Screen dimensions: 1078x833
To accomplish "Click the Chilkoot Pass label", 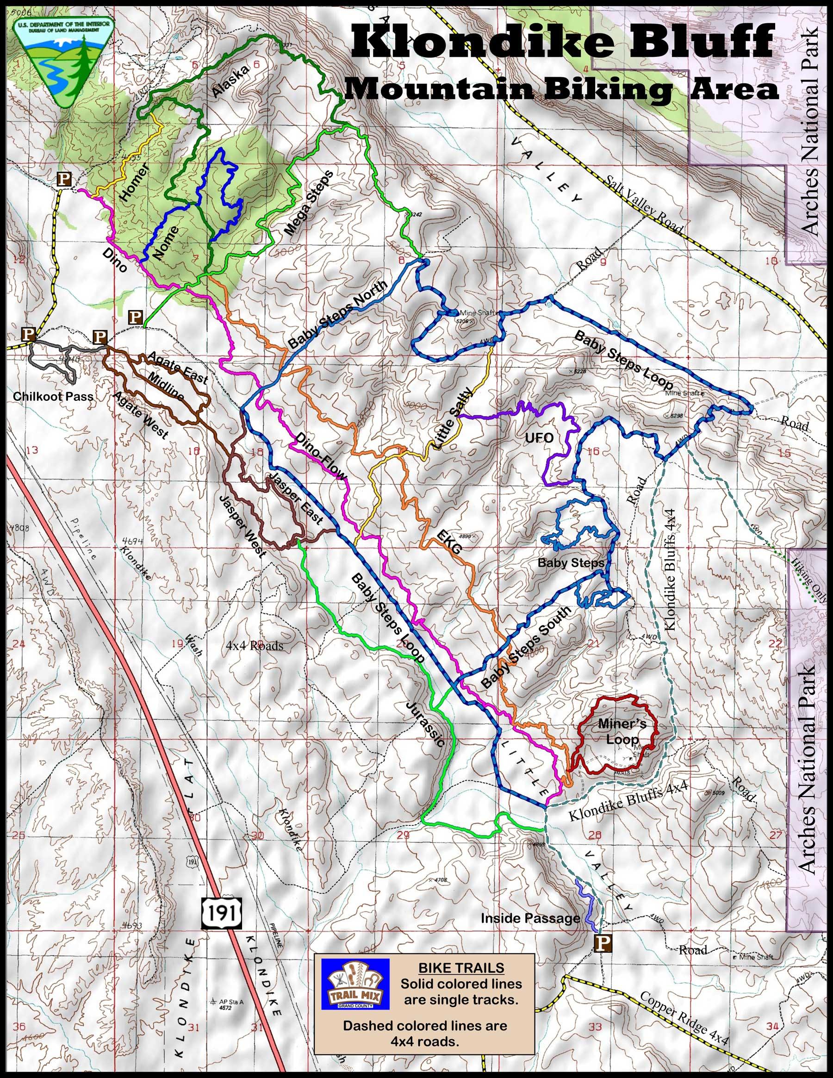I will click(x=53, y=396).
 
